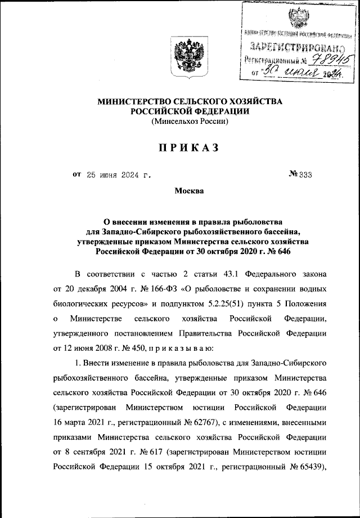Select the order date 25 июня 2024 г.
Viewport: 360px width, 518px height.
click(x=119, y=175)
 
